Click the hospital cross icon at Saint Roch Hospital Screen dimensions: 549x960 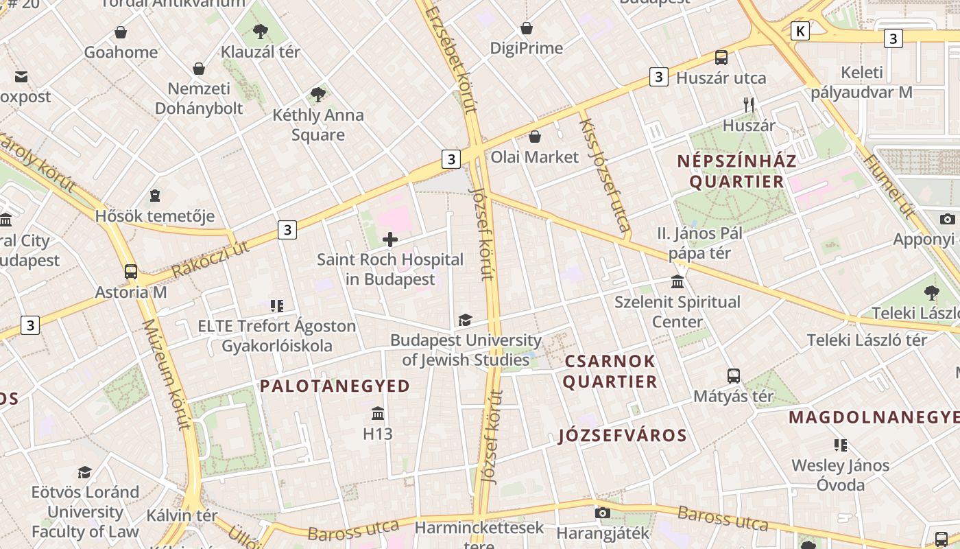[390, 240]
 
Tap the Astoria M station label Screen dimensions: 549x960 [131, 292]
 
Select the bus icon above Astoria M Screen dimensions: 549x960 [131, 271]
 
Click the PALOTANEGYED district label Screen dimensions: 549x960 [335, 386]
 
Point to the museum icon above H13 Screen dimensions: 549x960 [377, 414]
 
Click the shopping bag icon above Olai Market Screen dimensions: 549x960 [534, 137]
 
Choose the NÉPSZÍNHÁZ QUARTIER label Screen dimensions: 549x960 [736, 172]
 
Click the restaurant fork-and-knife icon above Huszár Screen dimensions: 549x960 [749, 105]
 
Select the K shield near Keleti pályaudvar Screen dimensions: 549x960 [800, 31]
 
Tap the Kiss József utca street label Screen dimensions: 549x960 [605, 175]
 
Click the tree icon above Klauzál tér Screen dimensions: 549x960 [260, 31]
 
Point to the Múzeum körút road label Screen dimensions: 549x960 [165, 374]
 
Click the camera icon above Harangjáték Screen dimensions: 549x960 [603, 513]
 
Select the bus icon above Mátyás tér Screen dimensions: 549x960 [734, 375]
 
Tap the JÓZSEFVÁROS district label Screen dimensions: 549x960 [623, 436]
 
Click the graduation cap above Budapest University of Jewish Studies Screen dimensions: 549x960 [465, 320]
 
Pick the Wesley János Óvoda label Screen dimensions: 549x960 [841, 475]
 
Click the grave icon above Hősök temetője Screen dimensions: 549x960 [155, 196]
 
